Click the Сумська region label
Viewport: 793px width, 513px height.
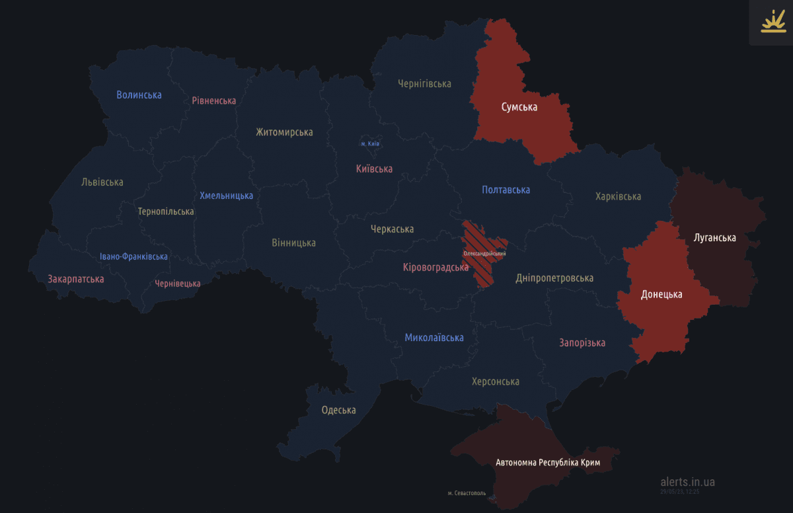[x=519, y=106]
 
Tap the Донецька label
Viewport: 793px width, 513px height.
[x=661, y=294]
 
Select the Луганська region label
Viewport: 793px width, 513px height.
[x=714, y=237]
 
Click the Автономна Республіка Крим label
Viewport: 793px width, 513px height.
[x=548, y=463]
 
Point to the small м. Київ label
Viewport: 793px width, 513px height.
[x=370, y=143]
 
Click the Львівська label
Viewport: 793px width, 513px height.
[x=102, y=182]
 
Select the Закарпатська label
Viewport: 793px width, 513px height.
[x=75, y=279]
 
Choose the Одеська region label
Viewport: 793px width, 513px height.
[x=338, y=410]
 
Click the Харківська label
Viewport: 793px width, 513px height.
[x=618, y=196]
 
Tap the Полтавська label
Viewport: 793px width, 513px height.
[x=506, y=190]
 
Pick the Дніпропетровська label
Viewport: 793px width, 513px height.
[x=554, y=278]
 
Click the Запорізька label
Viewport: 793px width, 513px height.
[x=582, y=342]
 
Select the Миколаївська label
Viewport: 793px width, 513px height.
[x=434, y=338]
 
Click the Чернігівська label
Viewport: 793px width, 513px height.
[x=424, y=83]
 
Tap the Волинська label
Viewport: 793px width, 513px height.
[x=139, y=95]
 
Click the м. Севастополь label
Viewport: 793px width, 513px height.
[x=467, y=493]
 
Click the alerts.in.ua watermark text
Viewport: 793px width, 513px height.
[x=687, y=481]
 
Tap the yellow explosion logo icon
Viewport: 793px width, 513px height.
[x=771, y=22]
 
